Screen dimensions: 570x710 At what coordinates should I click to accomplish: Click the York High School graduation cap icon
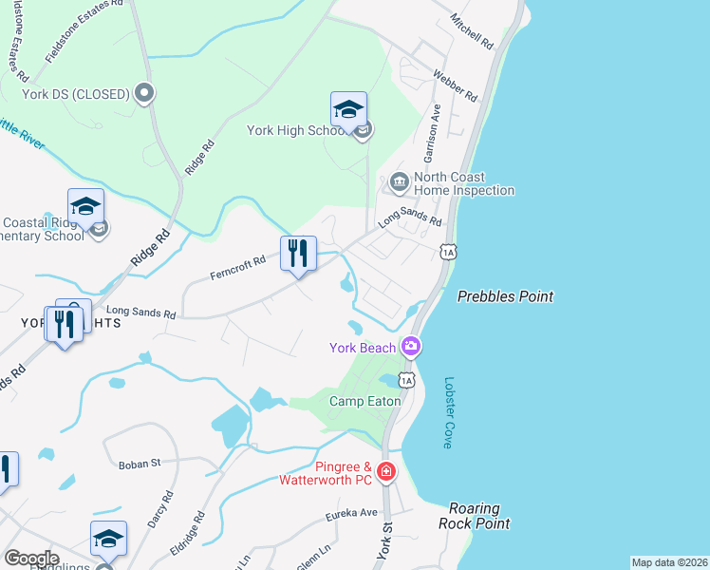pos(348,109)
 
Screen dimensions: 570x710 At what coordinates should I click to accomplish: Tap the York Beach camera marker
pos(411,346)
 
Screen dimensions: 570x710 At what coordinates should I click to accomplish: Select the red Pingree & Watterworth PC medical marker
pos(385,471)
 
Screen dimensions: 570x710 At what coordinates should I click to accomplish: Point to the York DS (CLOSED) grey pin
pos(144,93)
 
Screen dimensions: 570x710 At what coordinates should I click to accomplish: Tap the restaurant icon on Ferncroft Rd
pos(298,254)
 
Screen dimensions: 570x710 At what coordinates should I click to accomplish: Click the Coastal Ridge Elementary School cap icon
pos(85,206)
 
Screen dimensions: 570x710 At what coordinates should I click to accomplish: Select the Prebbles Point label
pos(505,296)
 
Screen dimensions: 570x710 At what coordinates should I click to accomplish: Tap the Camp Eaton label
pos(364,401)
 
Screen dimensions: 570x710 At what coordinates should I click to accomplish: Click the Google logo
pos(31,559)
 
